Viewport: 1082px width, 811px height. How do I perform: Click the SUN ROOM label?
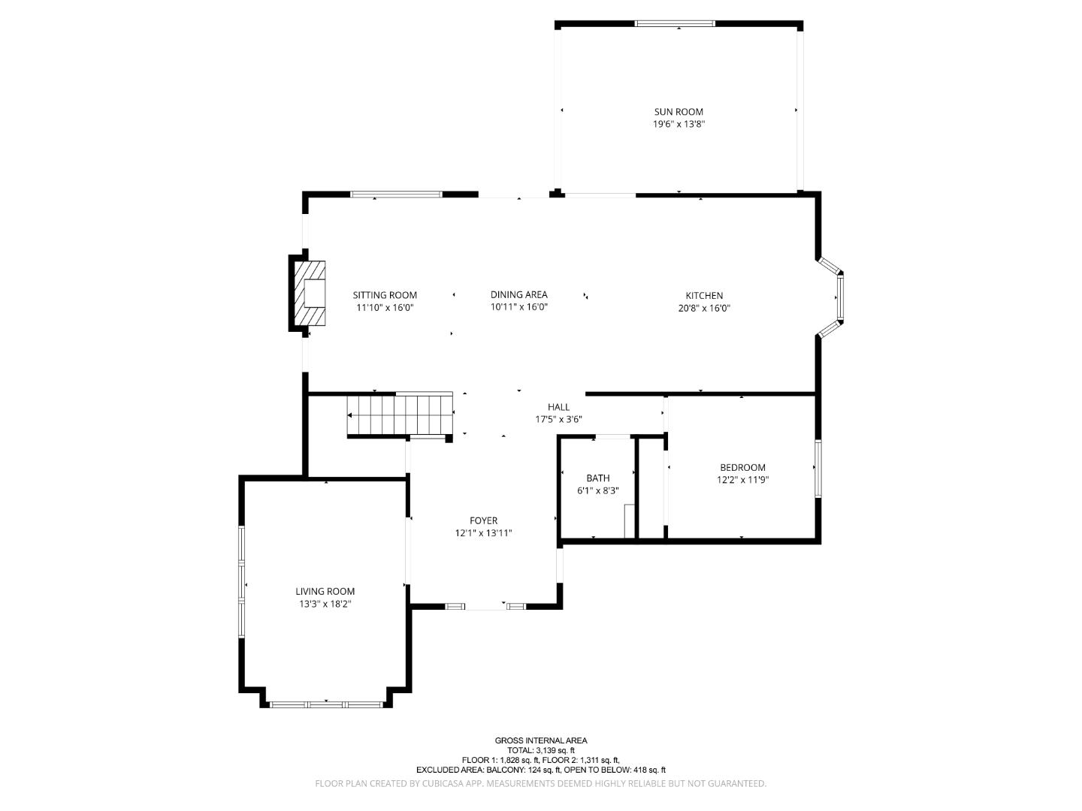(x=679, y=112)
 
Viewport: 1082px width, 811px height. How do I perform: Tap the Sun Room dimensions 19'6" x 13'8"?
(x=679, y=124)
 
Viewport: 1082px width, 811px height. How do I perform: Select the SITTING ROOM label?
(x=385, y=295)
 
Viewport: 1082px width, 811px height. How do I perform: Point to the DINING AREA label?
(x=518, y=294)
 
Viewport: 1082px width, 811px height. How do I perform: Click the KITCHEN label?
(x=704, y=295)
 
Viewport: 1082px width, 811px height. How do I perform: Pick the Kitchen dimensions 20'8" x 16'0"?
(x=704, y=308)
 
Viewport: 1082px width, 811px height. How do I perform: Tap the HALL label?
(x=558, y=407)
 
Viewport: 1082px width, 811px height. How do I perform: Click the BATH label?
(x=598, y=478)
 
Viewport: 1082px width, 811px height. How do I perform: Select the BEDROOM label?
(x=742, y=467)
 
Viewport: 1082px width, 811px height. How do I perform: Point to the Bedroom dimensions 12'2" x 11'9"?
(x=742, y=480)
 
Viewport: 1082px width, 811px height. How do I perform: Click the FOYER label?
(x=483, y=520)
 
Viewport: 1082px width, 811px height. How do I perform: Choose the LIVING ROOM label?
(x=325, y=592)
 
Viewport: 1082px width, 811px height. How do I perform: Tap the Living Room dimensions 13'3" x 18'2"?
(x=325, y=604)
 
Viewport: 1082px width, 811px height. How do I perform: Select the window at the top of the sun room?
(x=674, y=23)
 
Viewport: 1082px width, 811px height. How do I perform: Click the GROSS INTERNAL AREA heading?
(x=541, y=740)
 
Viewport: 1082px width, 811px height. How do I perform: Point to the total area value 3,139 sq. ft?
(x=555, y=750)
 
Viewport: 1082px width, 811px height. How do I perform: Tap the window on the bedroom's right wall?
(x=818, y=469)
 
